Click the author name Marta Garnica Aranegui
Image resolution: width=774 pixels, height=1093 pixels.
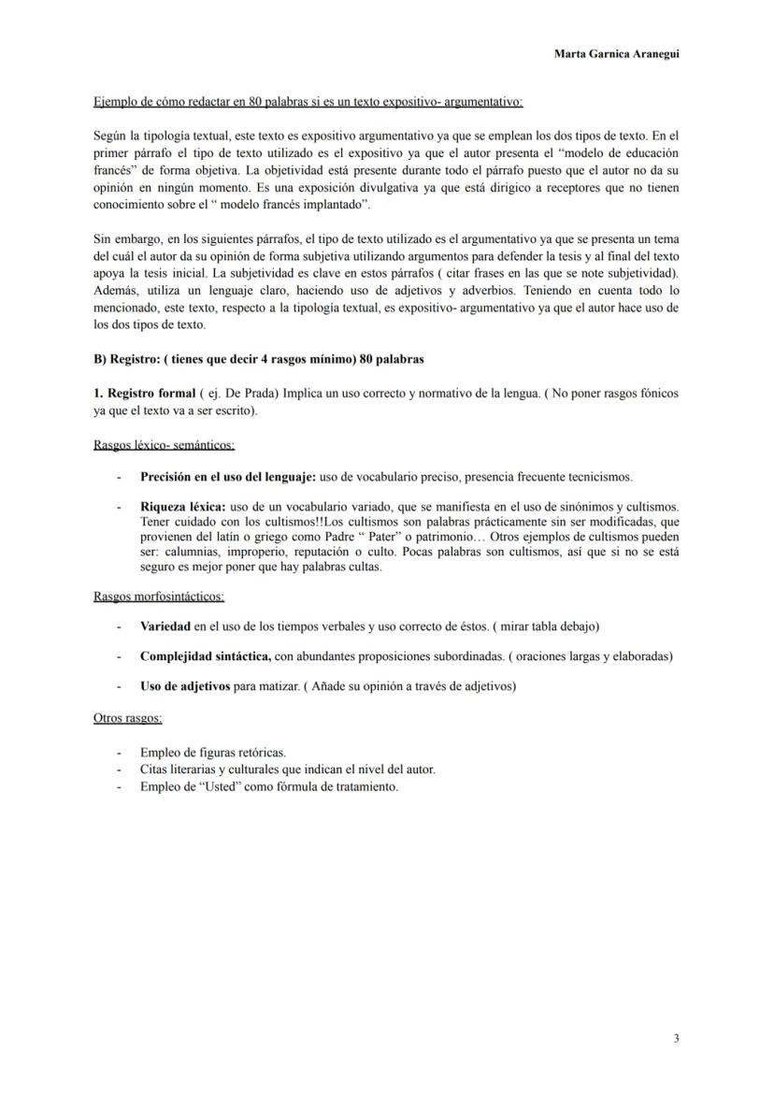click(616, 54)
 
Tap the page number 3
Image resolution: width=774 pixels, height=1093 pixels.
click(676, 1037)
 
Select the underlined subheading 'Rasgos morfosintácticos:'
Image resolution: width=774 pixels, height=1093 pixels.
click(159, 596)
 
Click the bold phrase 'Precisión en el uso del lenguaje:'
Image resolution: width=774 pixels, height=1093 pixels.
click(228, 476)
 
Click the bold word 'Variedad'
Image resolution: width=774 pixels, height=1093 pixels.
click(165, 626)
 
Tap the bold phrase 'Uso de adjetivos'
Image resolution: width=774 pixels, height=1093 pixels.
click(184, 686)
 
